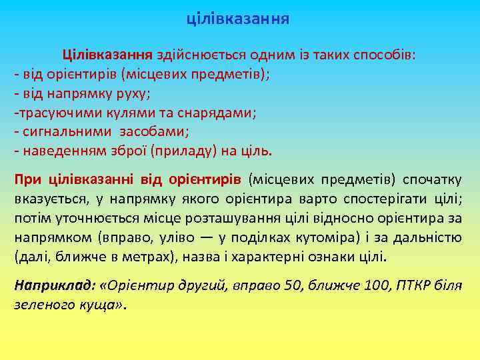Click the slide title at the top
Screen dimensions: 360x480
(238, 18)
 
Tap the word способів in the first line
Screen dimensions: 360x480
(385, 54)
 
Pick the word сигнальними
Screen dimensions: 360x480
(61, 131)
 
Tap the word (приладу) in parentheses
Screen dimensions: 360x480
(180, 151)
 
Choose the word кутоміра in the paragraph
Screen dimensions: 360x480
(317, 237)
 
